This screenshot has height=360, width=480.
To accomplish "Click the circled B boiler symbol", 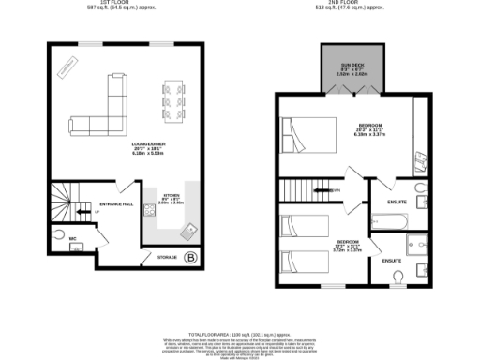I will pos(191,257).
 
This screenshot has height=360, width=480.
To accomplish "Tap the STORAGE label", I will pos(167,256).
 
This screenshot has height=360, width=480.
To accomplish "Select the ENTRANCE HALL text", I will pos(117,202).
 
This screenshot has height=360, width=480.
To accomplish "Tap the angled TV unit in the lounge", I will pos(67,67).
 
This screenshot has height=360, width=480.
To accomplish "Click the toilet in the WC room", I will pos(60,235).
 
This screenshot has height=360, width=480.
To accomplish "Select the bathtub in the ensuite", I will pos(388,221).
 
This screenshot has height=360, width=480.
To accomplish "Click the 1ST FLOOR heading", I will pos(119,3).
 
